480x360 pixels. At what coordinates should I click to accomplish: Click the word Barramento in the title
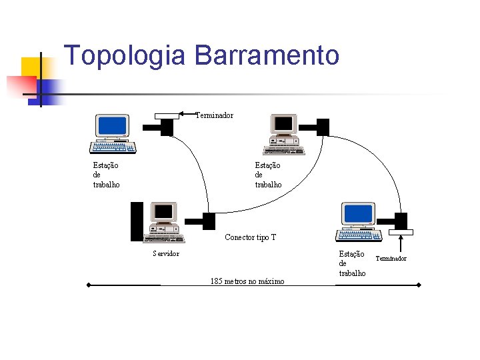267,55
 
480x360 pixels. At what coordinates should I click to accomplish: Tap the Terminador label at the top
214,116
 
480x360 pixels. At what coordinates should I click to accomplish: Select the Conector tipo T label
250,237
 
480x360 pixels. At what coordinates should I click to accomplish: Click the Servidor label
165,253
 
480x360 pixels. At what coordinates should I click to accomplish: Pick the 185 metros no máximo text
247,281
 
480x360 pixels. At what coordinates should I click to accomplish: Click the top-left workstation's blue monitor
112,125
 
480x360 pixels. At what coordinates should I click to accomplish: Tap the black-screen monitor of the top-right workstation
284,124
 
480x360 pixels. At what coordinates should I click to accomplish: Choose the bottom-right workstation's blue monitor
358,214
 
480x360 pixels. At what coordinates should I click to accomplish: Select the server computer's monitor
163,213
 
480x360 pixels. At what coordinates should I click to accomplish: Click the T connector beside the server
208,221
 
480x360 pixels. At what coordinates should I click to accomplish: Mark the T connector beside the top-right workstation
323,127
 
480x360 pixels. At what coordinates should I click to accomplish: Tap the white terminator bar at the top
167,116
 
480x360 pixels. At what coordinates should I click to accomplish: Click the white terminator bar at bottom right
401,232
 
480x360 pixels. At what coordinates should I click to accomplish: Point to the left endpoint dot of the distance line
88,285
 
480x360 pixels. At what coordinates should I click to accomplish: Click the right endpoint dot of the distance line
419,285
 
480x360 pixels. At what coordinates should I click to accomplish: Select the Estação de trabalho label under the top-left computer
106,175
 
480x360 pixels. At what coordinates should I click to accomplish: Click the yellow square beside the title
31,67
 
